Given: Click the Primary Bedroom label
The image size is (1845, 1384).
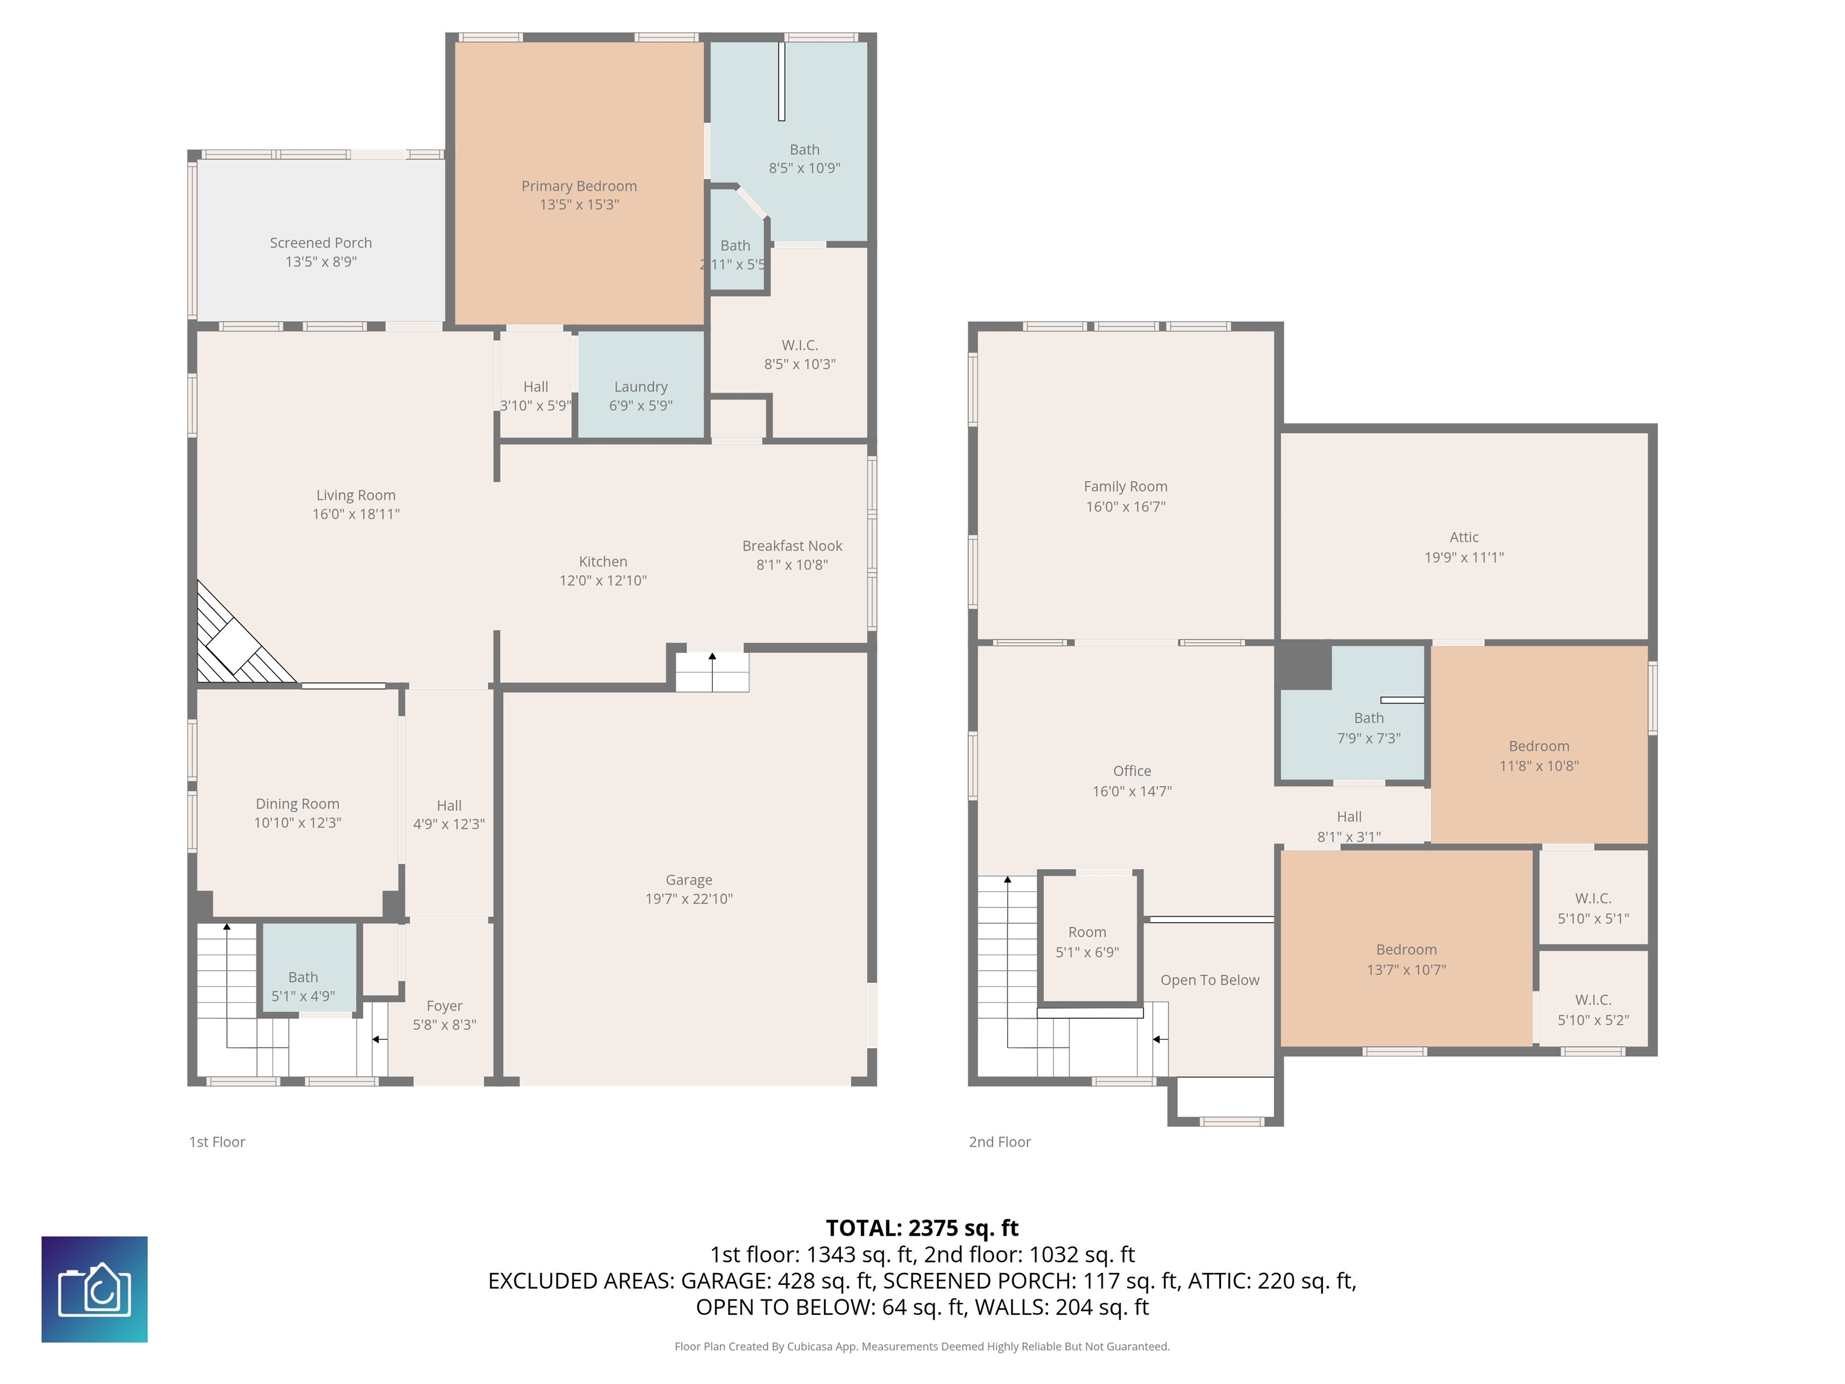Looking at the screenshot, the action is click(579, 186).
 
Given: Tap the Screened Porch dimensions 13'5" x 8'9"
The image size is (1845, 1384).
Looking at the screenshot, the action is click(321, 262).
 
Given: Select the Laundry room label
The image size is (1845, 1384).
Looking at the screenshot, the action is click(641, 387).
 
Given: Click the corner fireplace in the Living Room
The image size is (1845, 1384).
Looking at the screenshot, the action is click(242, 636).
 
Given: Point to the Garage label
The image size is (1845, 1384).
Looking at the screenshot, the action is click(689, 879).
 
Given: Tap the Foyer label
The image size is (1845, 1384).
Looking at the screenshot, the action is click(444, 1006).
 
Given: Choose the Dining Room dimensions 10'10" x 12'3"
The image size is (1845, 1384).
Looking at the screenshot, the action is click(298, 822).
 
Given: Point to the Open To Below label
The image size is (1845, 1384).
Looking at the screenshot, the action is click(1210, 980).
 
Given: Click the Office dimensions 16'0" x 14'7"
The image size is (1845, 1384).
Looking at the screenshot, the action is click(1132, 791).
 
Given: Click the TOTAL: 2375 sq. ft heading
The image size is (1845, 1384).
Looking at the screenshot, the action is click(922, 1228).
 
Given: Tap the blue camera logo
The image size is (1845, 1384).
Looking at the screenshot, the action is click(94, 1290).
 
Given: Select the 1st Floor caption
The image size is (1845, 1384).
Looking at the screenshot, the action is click(217, 1142).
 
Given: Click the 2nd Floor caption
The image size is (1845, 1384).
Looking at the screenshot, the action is click(999, 1142).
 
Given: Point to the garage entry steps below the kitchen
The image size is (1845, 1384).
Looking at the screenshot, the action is click(712, 672).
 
